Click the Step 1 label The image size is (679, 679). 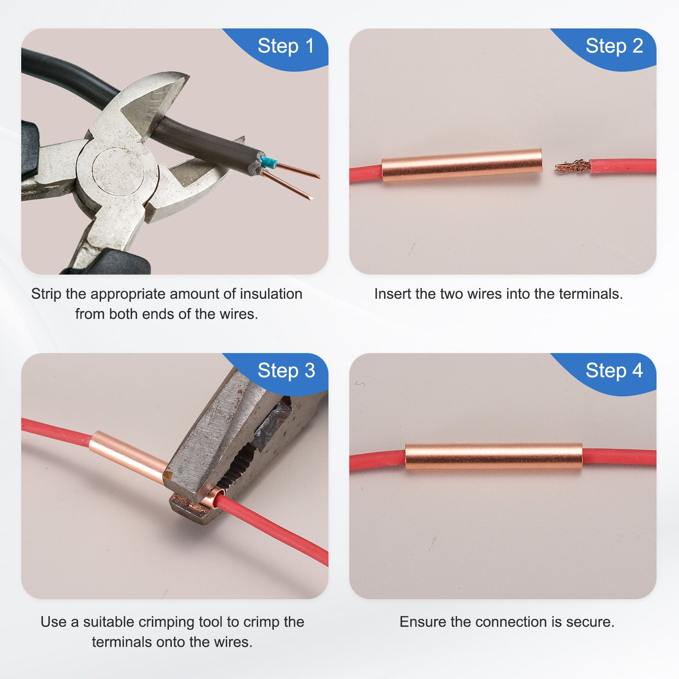(286, 46)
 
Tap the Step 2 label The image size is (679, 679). (614, 46)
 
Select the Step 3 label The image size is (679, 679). (286, 370)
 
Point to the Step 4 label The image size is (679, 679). (614, 370)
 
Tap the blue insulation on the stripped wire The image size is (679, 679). (268, 162)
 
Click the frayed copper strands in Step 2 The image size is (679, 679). (572, 166)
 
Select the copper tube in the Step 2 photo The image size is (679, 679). (462, 165)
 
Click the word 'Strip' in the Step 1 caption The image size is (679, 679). (46, 294)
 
